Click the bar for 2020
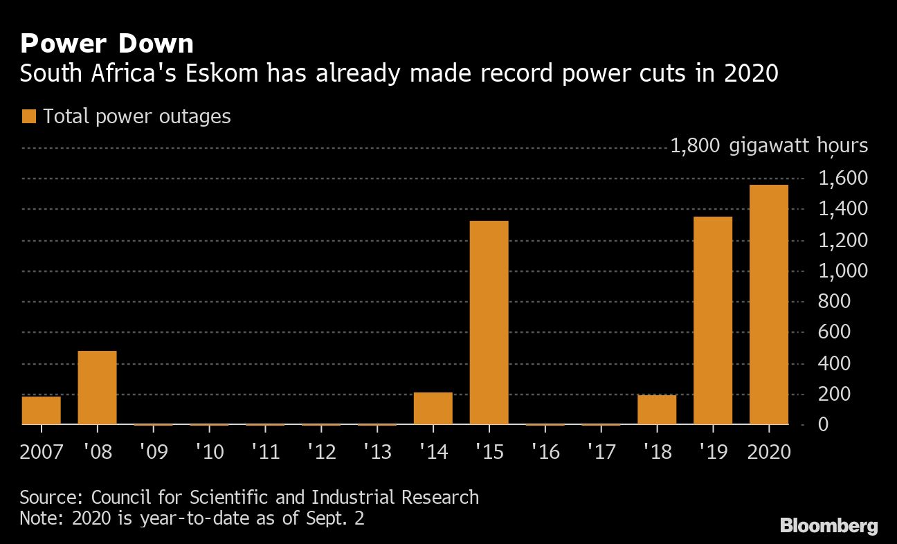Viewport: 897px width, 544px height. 768,305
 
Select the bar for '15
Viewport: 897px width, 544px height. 489,323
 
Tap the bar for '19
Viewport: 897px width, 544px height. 712,320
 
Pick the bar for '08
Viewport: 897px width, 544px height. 97,388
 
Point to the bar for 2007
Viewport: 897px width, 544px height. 42,410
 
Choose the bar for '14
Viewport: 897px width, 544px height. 433,408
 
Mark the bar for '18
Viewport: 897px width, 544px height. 656,410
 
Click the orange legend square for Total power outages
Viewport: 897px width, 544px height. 28,116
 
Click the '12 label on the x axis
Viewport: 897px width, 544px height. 321,452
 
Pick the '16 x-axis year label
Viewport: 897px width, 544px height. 545,452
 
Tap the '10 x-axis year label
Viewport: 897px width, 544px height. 209,452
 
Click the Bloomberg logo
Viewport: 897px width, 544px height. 828,525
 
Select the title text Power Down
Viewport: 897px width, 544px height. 107,44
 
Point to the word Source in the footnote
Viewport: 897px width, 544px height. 52,497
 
